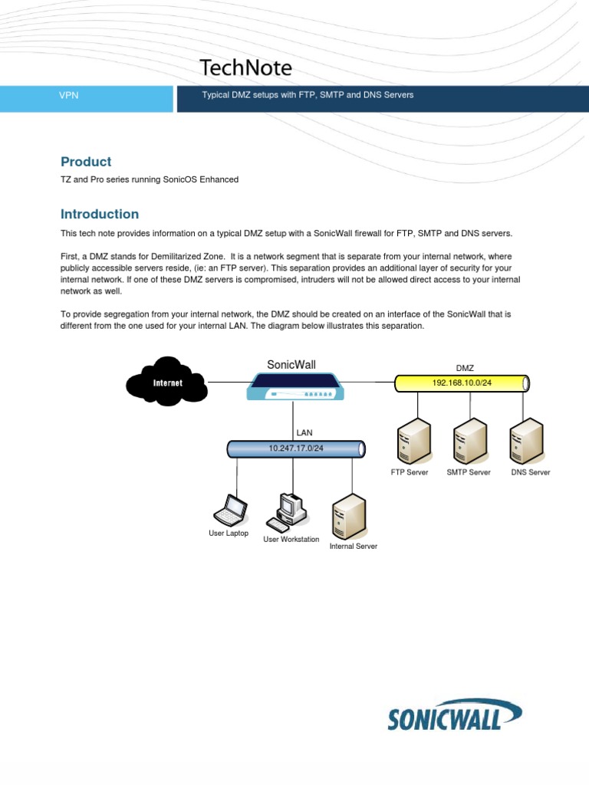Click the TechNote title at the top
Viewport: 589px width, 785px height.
tap(245, 68)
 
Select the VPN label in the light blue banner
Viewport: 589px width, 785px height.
tap(69, 95)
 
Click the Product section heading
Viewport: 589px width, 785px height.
tap(86, 162)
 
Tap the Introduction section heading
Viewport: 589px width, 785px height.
tap(100, 214)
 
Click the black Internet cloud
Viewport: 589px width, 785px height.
tap(168, 381)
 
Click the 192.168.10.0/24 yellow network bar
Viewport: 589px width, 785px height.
tap(462, 382)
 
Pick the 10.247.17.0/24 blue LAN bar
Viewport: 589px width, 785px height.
tap(296, 448)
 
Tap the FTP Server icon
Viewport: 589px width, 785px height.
tap(410, 442)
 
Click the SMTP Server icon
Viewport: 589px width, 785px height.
tap(469, 442)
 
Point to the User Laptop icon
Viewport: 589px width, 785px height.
tap(229, 509)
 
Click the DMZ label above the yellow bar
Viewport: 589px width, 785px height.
tap(465, 368)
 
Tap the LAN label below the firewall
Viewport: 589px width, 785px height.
tap(304, 432)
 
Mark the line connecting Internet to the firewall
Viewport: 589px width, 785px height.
tap(227, 382)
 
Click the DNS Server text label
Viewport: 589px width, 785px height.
tap(530, 472)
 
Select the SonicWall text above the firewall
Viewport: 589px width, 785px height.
tap(291, 365)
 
